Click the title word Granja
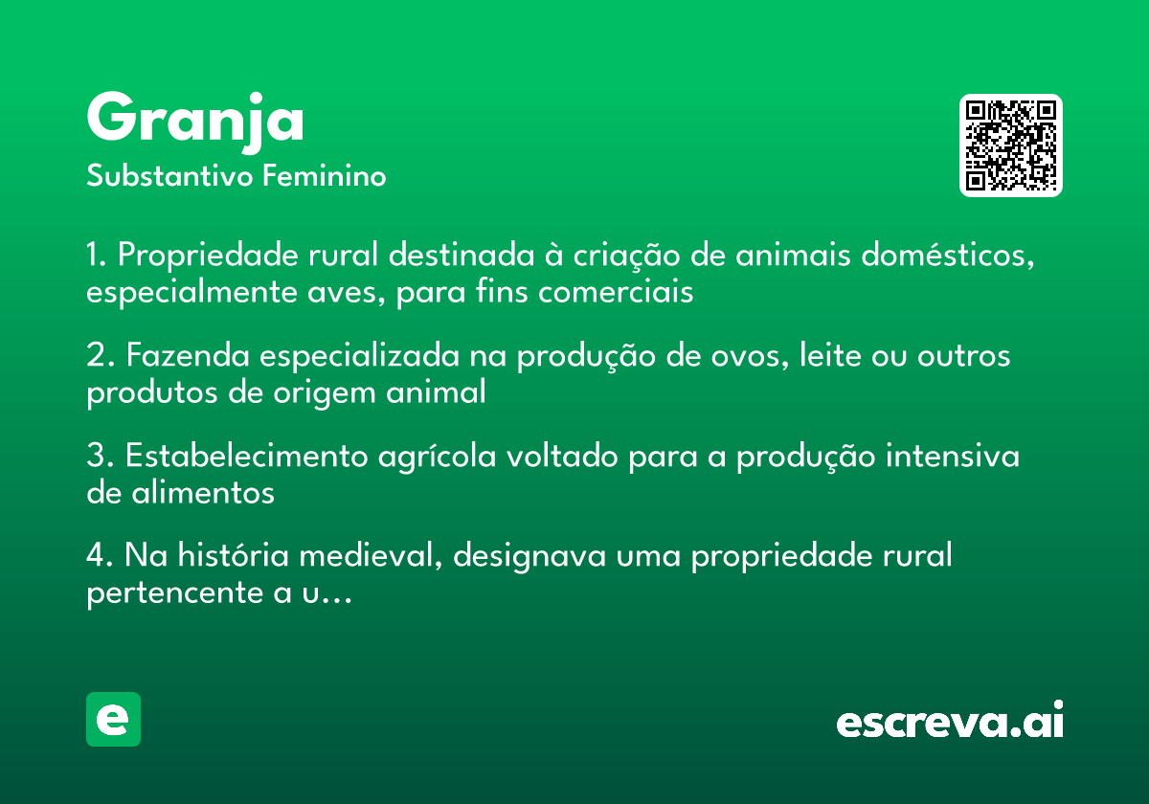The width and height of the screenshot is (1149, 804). click(195, 123)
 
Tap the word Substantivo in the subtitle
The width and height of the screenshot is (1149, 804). click(169, 176)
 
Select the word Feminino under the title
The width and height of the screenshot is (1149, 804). click(325, 176)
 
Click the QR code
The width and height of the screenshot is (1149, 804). click(1010, 145)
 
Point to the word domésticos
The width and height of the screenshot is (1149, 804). click(947, 255)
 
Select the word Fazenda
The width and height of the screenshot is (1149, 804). click(188, 355)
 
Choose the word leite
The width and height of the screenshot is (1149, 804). click(830, 355)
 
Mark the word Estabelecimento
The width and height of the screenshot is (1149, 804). click(247, 456)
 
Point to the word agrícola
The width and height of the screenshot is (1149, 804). click(437, 457)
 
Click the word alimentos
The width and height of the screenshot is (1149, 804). click(203, 493)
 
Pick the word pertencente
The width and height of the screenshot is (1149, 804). click(175, 593)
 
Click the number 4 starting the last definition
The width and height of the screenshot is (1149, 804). click(96, 555)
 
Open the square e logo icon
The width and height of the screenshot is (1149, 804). click(113, 719)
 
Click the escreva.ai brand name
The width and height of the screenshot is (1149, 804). click(950, 719)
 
